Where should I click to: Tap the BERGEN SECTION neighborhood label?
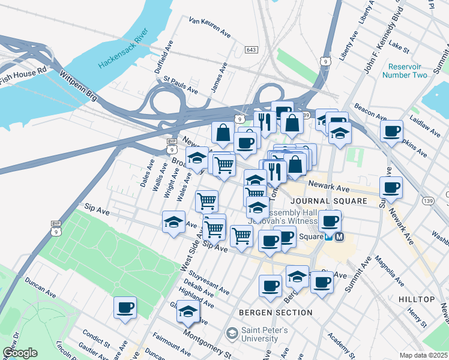[276, 313]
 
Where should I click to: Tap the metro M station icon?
[340, 237]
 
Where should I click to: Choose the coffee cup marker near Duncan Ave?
[125, 308]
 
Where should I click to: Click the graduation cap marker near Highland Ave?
[188, 311]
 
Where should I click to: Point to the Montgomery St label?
[207, 344]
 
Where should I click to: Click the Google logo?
[19, 353]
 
